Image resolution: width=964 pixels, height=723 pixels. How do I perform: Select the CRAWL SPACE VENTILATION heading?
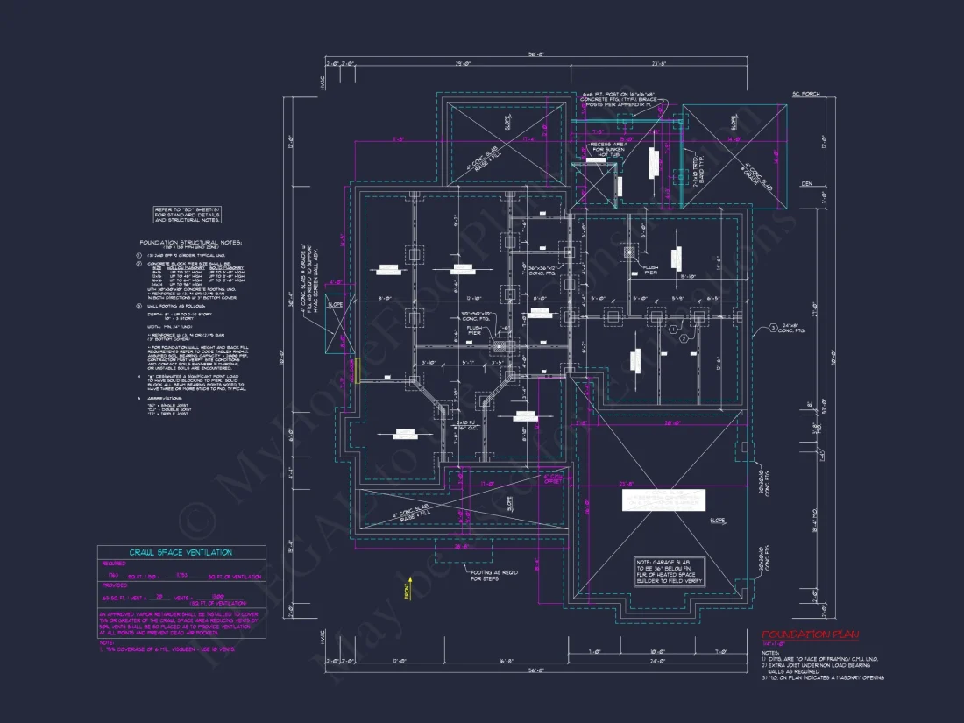pyautogui.click(x=181, y=552)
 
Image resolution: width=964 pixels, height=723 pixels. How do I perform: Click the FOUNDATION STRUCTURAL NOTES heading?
pyautogui.click(x=190, y=243)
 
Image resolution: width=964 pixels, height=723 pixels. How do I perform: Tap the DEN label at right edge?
pyautogui.click(x=807, y=184)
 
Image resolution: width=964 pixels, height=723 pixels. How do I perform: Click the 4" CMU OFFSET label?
pyautogui.click(x=554, y=480)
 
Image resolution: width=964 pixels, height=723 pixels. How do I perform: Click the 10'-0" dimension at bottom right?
pyautogui.click(x=658, y=651)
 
